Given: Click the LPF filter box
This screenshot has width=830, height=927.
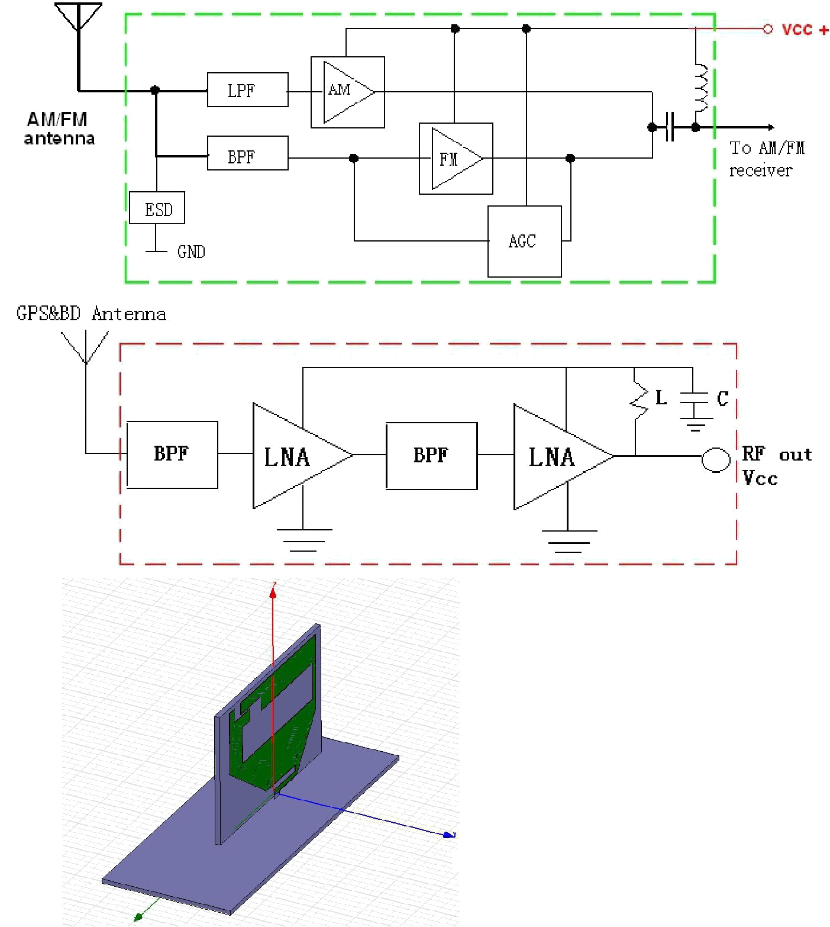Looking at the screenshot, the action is pyautogui.click(x=247, y=90).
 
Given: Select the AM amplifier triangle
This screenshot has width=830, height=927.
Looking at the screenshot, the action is pyautogui.click(x=348, y=92).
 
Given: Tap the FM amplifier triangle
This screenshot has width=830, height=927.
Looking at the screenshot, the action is pyautogui.click(x=457, y=159).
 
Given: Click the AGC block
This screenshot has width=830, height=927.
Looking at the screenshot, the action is pyautogui.click(x=524, y=241).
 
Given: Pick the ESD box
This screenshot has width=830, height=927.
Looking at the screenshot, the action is pyautogui.click(x=157, y=208).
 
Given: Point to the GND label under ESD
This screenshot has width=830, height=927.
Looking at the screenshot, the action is pyautogui.click(x=191, y=252).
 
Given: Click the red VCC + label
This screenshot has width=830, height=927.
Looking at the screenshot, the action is pyautogui.click(x=805, y=30).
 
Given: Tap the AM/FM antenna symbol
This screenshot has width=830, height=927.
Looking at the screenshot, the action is pyautogui.click(x=78, y=18).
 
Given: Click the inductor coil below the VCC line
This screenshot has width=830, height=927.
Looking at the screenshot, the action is pyautogui.click(x=700, y=88).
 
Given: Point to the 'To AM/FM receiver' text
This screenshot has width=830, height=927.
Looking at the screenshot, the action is pyautogui.click(x=766, y=159).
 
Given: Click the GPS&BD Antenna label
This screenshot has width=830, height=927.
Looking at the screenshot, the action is pyautogui.click(x=91, y=313).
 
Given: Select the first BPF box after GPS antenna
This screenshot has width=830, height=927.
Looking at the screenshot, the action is pyautogui.click(x=172, y=455).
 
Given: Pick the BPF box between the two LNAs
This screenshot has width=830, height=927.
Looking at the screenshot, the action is pyautogui.click(x=431, y=456).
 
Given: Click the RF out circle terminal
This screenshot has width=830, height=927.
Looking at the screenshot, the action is pyautogui.click(x=716, y=459).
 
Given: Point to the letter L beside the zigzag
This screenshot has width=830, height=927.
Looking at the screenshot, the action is pyautogui.click(x=661, y=397).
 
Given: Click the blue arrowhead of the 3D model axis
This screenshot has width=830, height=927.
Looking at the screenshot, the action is pyautogui.click(x=451, y=835).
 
